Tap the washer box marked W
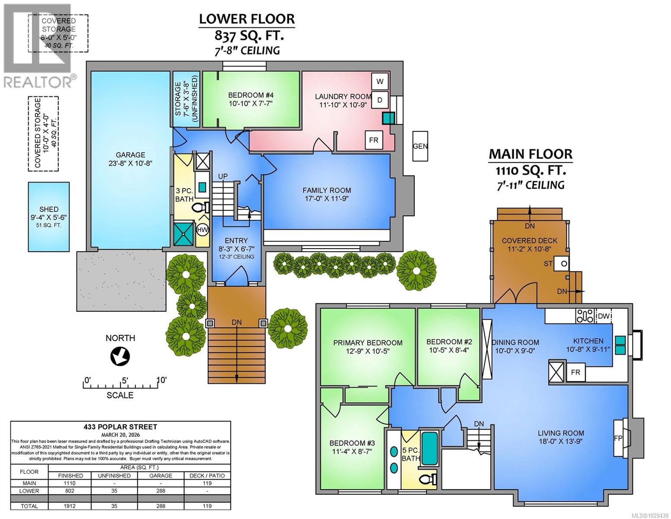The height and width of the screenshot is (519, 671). tap(380, 81)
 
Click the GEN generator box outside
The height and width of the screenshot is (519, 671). tap(420, 146)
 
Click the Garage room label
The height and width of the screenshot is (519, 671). tap(130, 155)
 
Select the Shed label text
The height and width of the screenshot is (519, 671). tap(48, 209)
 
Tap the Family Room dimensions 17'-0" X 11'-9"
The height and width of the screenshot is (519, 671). tap(326, 199)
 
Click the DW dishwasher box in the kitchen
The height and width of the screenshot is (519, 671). tap(604, 316)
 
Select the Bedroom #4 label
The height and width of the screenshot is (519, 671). tap(251, 95)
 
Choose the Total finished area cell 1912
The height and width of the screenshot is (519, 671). tap(70, 506)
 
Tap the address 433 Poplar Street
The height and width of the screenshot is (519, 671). tap(121, 427)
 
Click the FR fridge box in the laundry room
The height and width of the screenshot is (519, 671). tap(373, 140)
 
